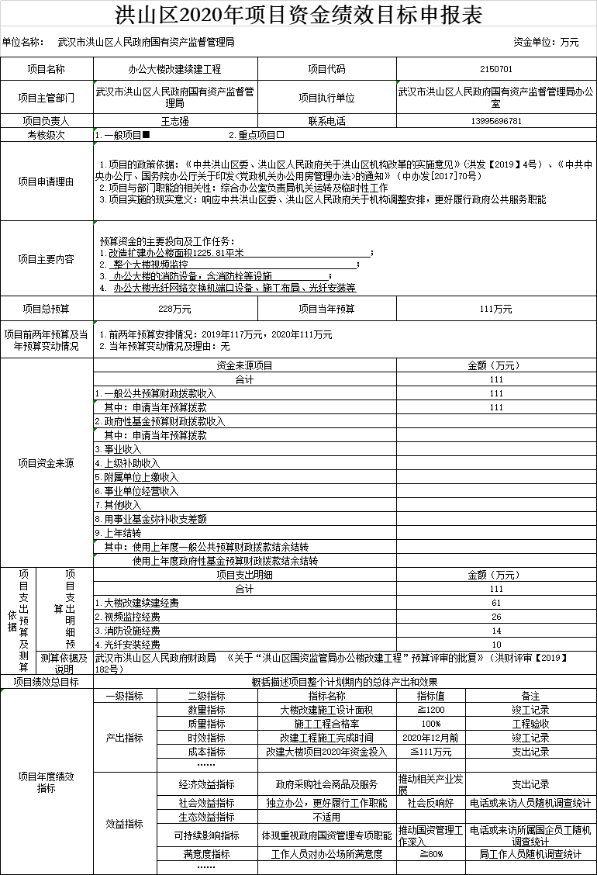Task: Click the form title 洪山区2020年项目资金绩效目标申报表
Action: coord(298,15)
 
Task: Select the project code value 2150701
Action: coord(496,69)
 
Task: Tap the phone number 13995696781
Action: coord(496,121)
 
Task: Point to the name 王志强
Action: coord(174,121)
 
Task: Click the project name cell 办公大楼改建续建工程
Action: coord(174,69)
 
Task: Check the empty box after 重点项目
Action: coord(281,135)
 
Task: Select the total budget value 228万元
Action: coord(174,309)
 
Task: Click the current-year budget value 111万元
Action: coord(496,309)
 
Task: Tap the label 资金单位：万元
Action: coord(546,42)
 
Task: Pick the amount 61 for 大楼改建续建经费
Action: coord(496,603)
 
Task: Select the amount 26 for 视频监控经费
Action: coord(496,617)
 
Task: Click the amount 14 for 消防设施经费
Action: coord(496,631)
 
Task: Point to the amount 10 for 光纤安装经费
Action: coord(496,645)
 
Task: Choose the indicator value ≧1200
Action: coord(431,710)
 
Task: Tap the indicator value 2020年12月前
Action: coord(431,738)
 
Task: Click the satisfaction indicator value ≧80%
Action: coord(431,854)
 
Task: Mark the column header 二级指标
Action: coord(206,696)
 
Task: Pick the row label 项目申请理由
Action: coord(47,182)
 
